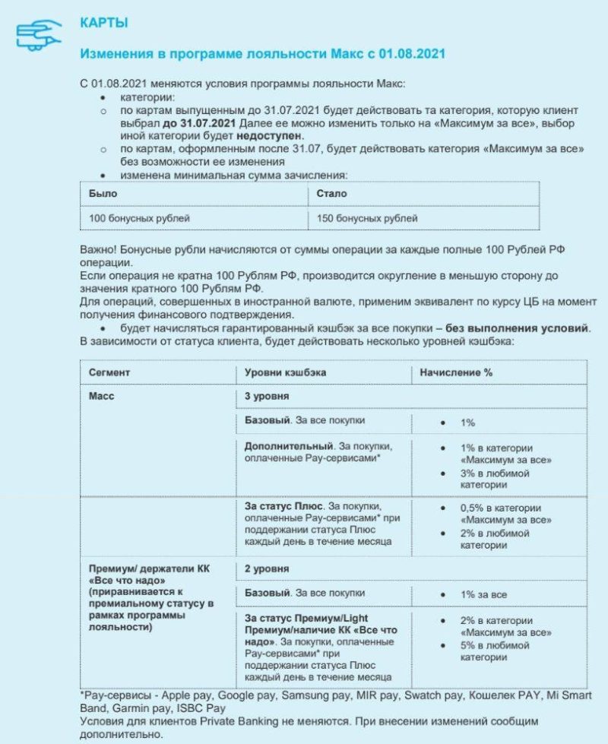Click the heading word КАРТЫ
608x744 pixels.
104,23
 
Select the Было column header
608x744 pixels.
103,194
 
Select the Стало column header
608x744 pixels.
331,194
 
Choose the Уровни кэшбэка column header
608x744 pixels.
285,372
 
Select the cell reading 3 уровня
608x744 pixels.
266,396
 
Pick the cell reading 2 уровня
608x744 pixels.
266,568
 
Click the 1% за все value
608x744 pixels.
483,594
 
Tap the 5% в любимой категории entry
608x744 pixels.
494,651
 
